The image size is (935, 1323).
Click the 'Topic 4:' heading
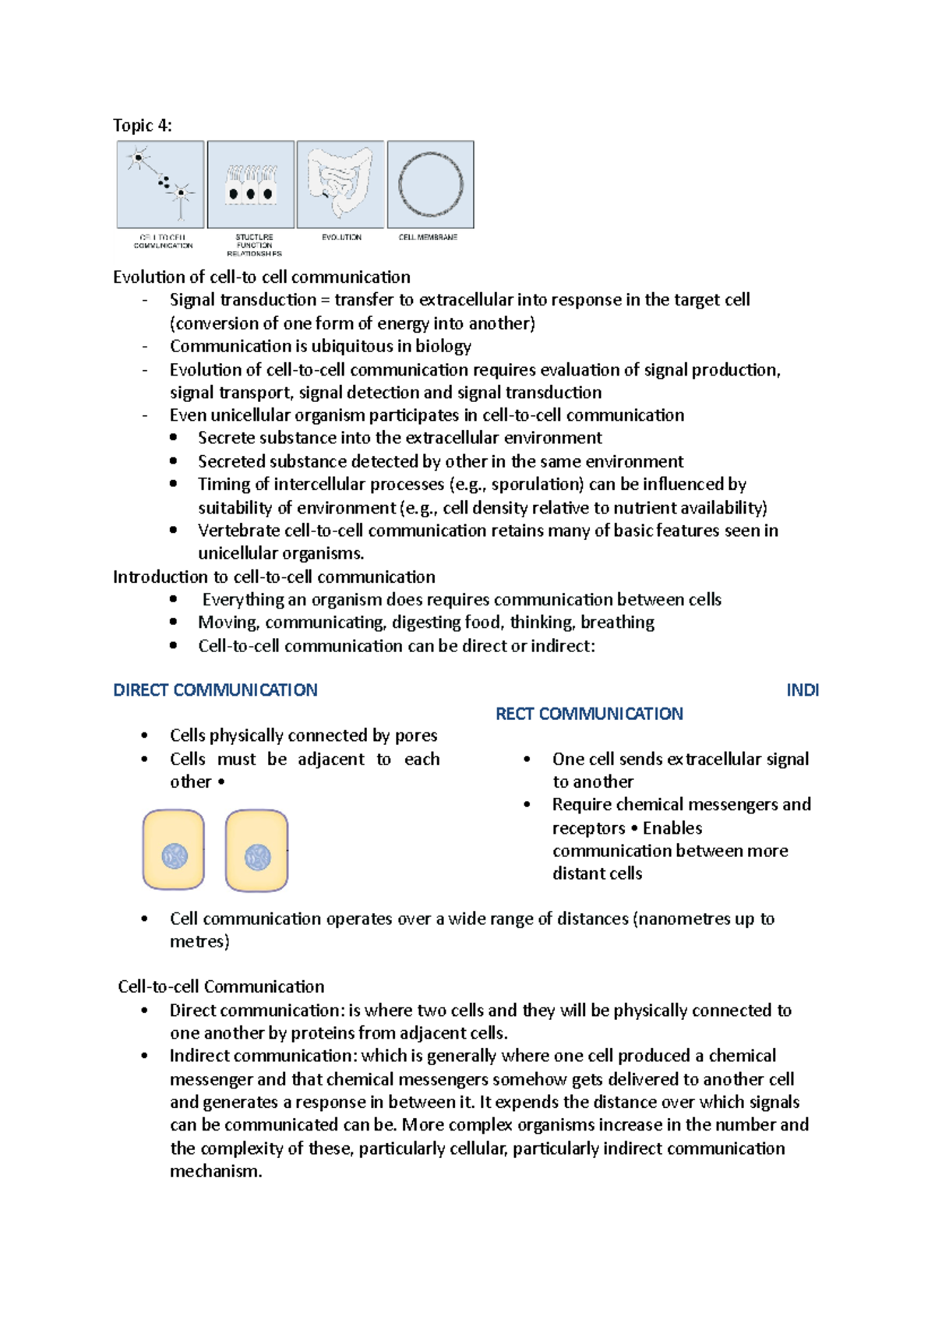click(142, 125)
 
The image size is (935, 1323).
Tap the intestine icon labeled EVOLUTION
click(340, 184)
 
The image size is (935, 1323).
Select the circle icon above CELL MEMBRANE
click(430, 185)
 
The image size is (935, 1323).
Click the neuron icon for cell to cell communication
click(161, 184)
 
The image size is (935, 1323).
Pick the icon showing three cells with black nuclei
click(251, 185)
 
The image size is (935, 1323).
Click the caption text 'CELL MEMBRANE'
click(428, 237)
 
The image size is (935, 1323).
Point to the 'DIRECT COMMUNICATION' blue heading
click(215, 690)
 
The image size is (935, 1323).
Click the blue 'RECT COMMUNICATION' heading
click(589, 714)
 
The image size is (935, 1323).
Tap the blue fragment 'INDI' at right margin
click(802, 690)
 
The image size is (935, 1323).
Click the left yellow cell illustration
click(173, 849)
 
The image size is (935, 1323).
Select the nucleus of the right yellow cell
click(257, 857)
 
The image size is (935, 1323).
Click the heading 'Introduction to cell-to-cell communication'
click(273, 577)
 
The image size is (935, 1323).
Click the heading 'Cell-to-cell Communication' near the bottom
click(221, 986)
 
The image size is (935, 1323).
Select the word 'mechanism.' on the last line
click(216, 1171)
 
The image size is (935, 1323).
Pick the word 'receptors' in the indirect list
click(588, 827)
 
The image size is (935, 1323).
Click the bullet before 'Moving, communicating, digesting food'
click(173, 622)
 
